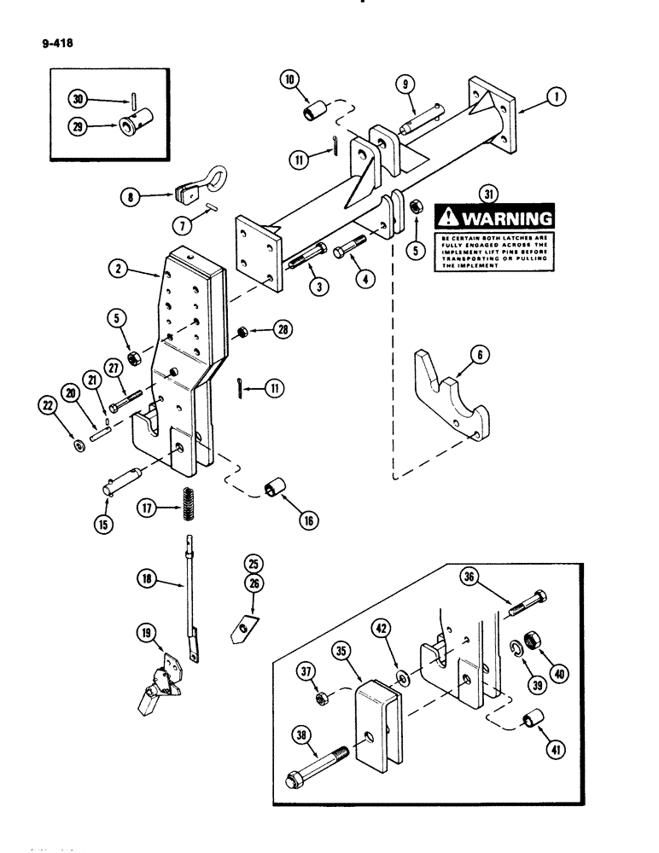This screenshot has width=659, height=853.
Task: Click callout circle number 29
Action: tap(82, 127)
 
